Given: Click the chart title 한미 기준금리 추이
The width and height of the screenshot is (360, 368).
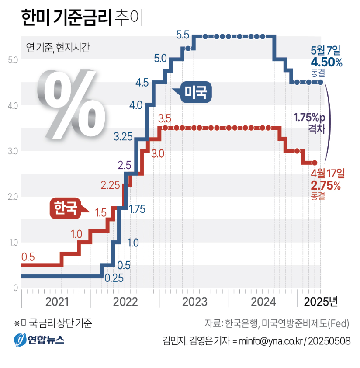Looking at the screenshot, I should click(x=82, y=18).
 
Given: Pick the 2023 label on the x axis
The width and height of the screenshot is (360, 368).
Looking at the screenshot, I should click(x=194, y=302).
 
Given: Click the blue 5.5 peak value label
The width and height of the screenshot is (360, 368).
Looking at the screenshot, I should click(x=182, y=34).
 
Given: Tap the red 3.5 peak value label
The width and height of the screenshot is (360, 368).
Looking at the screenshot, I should click(x=165, y=118).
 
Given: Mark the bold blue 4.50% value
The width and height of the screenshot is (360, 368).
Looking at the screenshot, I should click(x=326, y=62).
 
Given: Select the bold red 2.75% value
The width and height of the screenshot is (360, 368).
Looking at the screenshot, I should click(x=325, y=185).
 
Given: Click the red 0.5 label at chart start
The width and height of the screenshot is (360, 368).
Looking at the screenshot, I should click(x=28, y=256).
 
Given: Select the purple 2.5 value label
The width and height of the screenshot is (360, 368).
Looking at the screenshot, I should click(x=125, y=166).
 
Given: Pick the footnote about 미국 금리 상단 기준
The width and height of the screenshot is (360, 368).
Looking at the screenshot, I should click(x=53, y=323).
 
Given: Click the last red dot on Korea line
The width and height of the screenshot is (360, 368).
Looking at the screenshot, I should click(x=314, y=163).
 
